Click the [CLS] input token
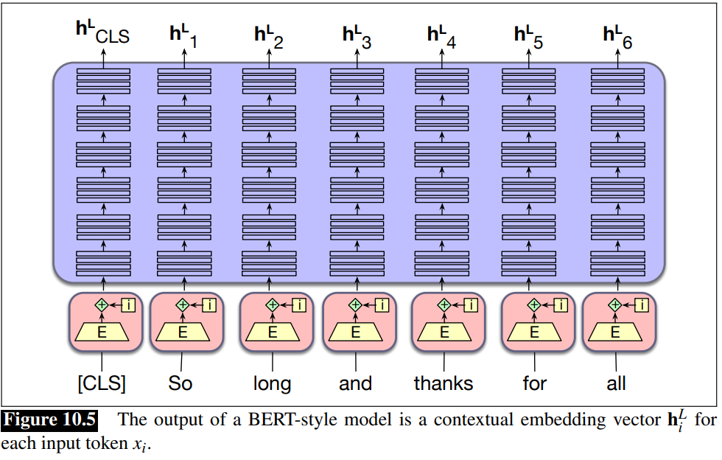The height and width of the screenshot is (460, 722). [x=102, y=384]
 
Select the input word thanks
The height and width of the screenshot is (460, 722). [x=444, y=384]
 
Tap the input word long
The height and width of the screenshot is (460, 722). [x=272, y=384]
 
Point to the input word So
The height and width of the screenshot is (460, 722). [x=180, y=384]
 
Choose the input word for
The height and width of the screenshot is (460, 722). [x=534, y=384]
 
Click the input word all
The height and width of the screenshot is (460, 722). [x=616, y=384]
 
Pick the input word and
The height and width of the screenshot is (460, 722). [x=355, y=384]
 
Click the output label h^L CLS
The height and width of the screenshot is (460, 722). [x=102, y=34]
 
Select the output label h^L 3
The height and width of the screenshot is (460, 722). [x=357, y=35]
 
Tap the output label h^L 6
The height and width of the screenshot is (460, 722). [x=617, y=35]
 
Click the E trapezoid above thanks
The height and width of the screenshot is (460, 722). [x=444, y=332]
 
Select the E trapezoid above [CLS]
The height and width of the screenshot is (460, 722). [x=102, y=332]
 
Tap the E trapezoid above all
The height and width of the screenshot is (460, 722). [x=616, y=332]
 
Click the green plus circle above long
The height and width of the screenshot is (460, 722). [x=272, y=304]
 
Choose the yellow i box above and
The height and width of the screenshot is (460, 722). [x=382, y=304]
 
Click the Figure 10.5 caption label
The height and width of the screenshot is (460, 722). [x=49, y=421]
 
